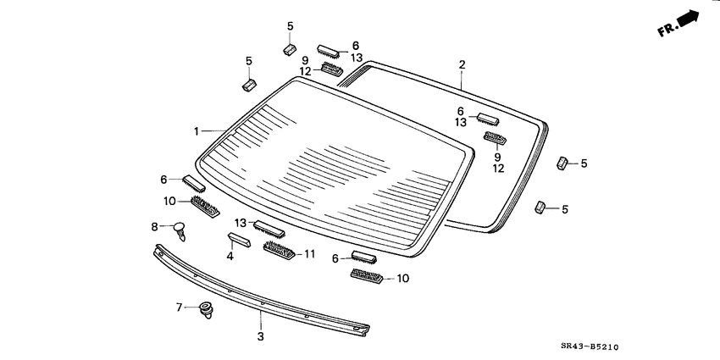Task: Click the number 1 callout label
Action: point(196,131)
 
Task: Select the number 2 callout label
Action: point(462,64)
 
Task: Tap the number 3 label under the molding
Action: point(261,336)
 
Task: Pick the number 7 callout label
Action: point(179,307)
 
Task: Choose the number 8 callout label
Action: point(154,226)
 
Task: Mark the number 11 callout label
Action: point(309,252)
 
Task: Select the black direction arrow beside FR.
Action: point(691,18)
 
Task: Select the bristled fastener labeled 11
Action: point(278,250)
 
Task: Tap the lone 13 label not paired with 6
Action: point(241,223)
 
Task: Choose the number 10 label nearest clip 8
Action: point(169,201)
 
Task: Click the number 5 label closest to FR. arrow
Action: point(583,163)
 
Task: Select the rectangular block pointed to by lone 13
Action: point(269,229)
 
